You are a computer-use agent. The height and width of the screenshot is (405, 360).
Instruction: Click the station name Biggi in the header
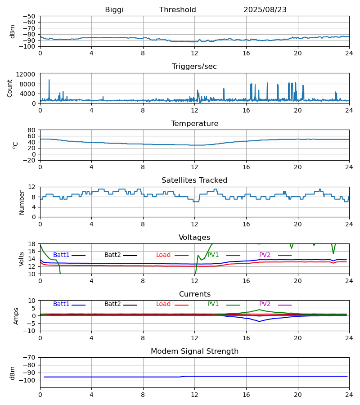[x=114, y=10]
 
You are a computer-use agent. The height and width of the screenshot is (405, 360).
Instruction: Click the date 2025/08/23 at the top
[x=265, y=10]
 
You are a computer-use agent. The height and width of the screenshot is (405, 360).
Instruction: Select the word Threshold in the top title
[x=178, y=10]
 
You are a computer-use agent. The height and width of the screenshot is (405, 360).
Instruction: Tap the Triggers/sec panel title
[x=194, y=67]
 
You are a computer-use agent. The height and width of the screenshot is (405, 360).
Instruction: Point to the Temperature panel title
[x=194, y=124]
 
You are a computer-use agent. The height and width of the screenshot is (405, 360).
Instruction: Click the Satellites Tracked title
[x=194, y=180]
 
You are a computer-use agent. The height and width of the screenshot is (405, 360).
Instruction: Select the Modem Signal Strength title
[x=194, y=351]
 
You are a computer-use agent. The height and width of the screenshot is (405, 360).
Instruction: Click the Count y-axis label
[x=10, y=88]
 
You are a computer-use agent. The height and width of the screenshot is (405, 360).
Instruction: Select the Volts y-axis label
[x=22, y=259]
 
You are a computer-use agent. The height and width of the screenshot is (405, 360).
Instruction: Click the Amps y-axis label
[x=16, y=316]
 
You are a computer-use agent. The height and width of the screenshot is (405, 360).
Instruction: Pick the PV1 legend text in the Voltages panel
[x=213, y=255]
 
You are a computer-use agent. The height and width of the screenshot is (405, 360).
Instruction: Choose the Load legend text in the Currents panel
[x=163, y=304]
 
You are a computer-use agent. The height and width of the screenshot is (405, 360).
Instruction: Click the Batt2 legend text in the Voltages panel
[x=112, y=255]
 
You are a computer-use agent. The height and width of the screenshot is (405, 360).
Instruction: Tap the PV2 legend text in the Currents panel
[x=265, y=304]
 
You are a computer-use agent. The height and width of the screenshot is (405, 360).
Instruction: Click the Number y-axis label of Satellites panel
[x=22, y=202]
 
